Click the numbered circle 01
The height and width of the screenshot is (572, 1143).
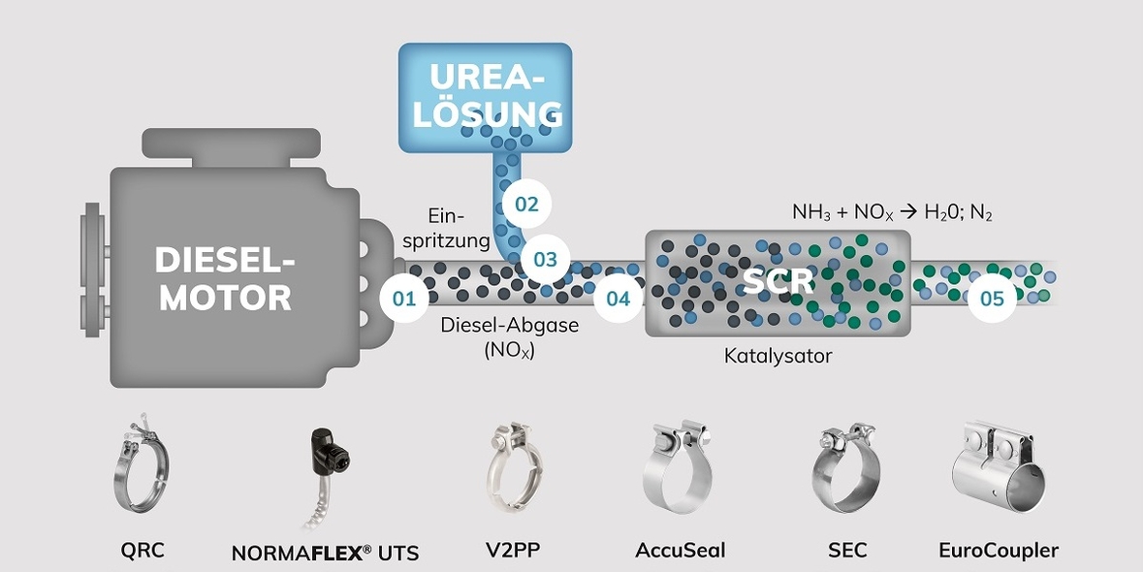tap(404, 299)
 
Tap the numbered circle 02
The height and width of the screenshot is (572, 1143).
tap(526, 205)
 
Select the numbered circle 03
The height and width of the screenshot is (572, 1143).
tap(545, 259)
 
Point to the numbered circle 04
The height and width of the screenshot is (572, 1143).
tap(618, 299)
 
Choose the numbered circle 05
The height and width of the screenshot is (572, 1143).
tap(991, 299)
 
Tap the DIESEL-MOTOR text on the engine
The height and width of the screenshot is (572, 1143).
tap(225, 278)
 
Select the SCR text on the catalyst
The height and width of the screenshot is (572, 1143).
tap(779, 281)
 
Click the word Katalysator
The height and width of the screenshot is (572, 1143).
tap(778, 356)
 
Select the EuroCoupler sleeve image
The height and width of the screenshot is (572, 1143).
tap(999, 469)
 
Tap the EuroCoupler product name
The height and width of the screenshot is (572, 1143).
tap(999, 551)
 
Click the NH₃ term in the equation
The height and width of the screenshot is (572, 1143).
tap(811, 213)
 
